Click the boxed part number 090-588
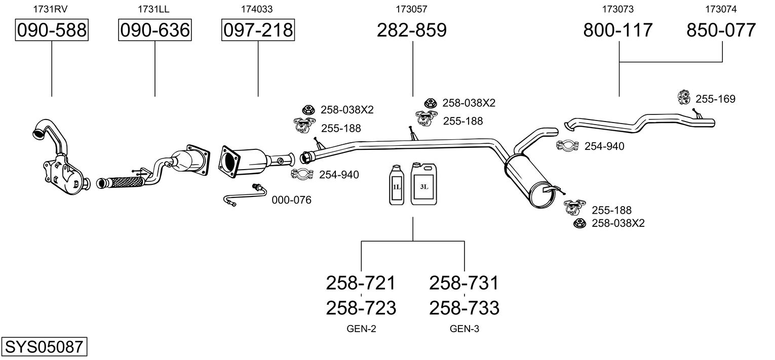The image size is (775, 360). pyautogui.click(x=52, y=30)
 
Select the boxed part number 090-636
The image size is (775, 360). pyautogui.click(x=154, y=30)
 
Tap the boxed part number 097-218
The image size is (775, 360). pyautogui.click(x=258, y=30)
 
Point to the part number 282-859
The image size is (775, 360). pyautogui.click(x=412, y=30)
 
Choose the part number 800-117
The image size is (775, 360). pyautogui.click(x=618, y=30)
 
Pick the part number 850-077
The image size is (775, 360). pyautogui.click(x=721, y=30)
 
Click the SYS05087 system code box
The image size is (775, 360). pyautogui.click(x=44, y=347)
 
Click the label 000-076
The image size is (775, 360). pyautogui.click(x=291, y=200)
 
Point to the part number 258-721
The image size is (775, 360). pyautogui.click(x=361, y=283)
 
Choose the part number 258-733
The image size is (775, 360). pyautogui.click(x=464, y=307)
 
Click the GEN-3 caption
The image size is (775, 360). pyautogui.click(x=464, y=329)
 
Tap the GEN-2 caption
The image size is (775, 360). pyautogui.click(x=361, y=329)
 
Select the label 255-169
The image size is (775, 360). pyautogui.click(x=715, y=99)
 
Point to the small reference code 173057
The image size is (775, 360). pyautogui.click(x=412, y=9)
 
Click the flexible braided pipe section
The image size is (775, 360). pyautogui.click(x=122, y=181)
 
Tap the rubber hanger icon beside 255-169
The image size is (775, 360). pyautogui.click(x=684, y=97)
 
